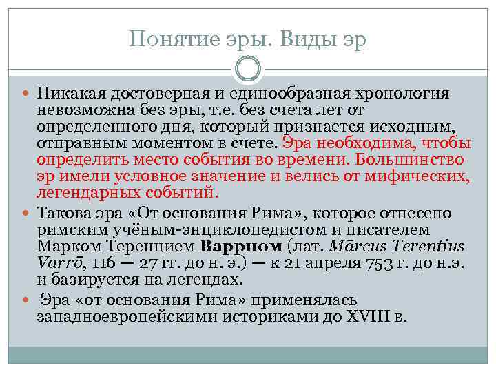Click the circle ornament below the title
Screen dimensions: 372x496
click(x=247, y=69)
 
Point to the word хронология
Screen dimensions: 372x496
click(x=407, y=92)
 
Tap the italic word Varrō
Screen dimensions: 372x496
click(x=56, y=262)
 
